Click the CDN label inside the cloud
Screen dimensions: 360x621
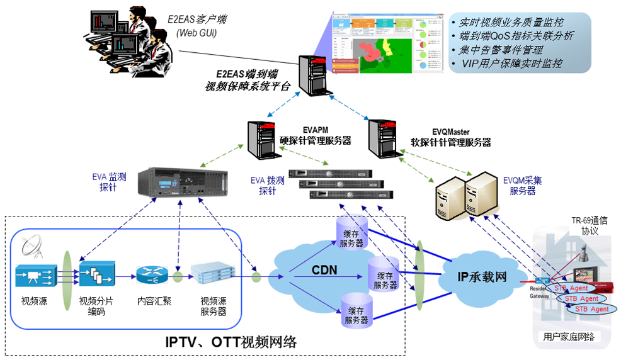click(x=324, y=271)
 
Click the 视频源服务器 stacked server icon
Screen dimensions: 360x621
click(x=212, y=276)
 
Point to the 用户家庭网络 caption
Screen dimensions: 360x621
click(x=569, y=337)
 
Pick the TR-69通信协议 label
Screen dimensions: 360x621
click(x=589, y=226)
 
